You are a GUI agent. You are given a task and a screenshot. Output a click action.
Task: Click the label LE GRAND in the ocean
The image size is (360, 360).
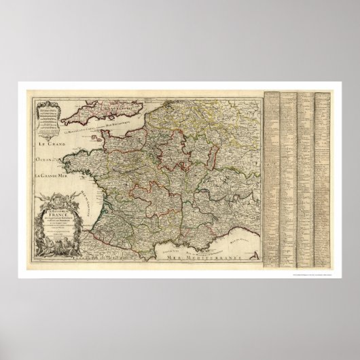[45, 144]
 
